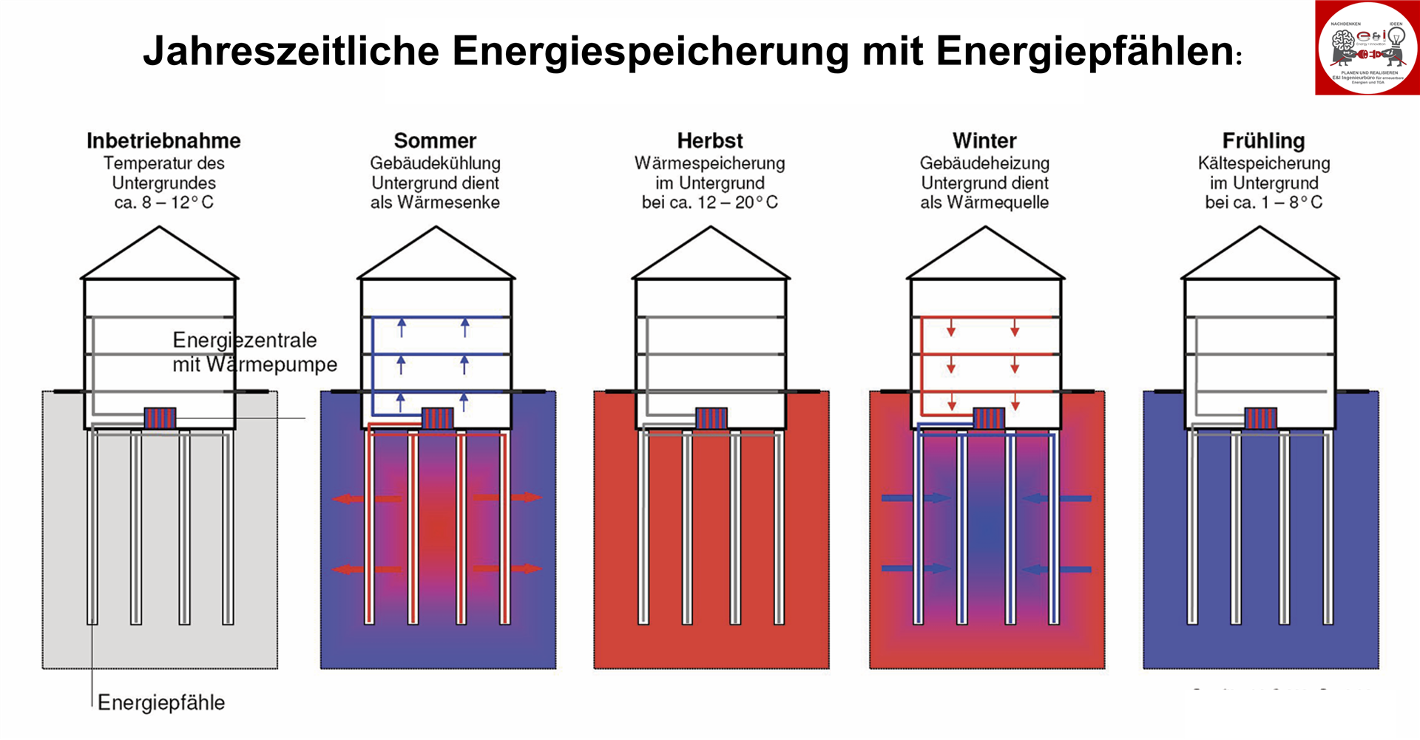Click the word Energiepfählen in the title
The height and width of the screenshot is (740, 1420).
click(1083, 52)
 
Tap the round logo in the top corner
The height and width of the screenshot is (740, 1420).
click(1367, 48)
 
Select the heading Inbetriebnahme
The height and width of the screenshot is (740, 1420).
click(163, 140)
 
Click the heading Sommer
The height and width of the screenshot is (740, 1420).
click(435, 140)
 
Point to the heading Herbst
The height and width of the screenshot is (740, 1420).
click(710, 140)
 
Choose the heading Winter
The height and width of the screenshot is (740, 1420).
click(984, 140)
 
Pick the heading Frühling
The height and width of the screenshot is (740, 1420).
click(1263, 140)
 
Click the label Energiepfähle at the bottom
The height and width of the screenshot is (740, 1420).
click(161, 702)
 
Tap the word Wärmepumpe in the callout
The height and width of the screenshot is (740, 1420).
click(271, 364)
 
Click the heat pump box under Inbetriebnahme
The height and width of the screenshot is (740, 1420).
click(160, 418)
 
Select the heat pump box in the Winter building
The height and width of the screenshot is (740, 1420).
click(989, 418)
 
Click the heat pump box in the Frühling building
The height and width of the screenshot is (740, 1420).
click(1260, 418)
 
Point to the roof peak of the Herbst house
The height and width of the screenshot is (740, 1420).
click(711, 228)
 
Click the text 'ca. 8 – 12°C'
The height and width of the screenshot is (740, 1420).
click(163, 203)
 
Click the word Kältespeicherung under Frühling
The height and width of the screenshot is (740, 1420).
click(1263, 163)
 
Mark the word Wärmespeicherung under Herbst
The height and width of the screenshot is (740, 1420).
click(710, 163)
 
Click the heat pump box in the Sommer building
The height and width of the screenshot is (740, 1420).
click(436, 418)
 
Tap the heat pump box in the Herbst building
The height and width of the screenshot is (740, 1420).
click(711, 418)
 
